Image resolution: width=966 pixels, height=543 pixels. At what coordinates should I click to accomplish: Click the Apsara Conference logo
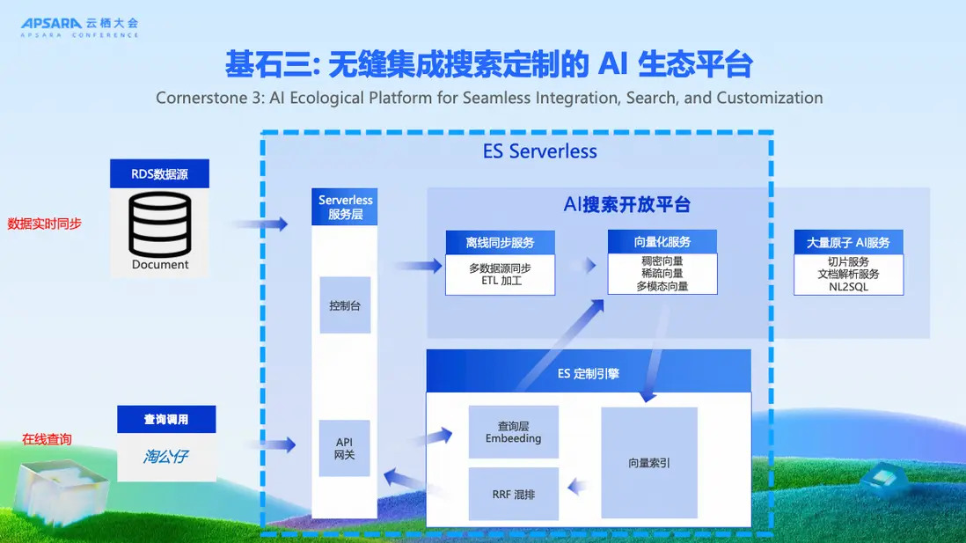point(80,26)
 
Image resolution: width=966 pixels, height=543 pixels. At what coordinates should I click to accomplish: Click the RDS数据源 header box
point(159,173)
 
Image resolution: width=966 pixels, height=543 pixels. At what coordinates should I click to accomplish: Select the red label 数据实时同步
point(45,224)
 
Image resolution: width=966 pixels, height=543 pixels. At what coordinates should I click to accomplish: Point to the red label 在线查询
point(47,438)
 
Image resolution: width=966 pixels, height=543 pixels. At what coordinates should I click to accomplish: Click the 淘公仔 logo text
point(166,457)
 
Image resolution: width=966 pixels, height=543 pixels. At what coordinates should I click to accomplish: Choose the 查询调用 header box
point(166,419)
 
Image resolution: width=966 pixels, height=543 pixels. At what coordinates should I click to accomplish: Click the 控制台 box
point(345,305)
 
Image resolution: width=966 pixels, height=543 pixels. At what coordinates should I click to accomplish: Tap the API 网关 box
point(344,448)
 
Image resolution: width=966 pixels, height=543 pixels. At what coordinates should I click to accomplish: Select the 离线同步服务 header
point(500,242)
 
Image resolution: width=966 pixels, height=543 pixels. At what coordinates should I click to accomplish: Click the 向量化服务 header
point(662,242)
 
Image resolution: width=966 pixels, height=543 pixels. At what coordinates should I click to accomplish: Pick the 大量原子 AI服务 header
point(848,242)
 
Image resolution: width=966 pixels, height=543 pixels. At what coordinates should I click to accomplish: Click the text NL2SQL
point(848,287)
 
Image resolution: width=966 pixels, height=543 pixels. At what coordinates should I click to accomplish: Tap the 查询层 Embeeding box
point(514,432)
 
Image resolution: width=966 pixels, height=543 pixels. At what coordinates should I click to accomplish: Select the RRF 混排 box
point(514,494)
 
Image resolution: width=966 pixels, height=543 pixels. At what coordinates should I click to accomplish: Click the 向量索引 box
point(649,462)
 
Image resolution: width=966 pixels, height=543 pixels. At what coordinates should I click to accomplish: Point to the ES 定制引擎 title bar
point(589,373)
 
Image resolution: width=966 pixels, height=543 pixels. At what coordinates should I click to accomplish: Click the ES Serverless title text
point(540,151)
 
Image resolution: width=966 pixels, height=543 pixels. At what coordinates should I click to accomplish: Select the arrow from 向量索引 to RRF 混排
point(580,486)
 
